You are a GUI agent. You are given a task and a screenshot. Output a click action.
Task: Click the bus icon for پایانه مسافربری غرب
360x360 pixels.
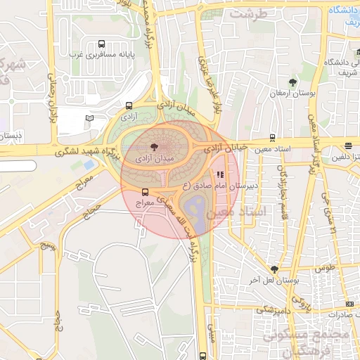coord(102,43)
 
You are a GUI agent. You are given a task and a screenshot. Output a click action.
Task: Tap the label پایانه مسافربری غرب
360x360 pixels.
coord(102,53)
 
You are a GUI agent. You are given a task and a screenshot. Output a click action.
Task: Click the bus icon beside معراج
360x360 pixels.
coord(146,191)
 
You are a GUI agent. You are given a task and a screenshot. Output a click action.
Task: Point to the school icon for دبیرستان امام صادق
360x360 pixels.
coord(219,175)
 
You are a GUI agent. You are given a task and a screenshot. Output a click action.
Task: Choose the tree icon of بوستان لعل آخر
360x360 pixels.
coord(274,269)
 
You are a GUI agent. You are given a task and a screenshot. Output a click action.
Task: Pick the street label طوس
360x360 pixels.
coord(326,269)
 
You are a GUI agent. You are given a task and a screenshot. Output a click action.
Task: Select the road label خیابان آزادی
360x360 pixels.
coord(226,148)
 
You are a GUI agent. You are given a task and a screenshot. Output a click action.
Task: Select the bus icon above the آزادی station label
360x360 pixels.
coord(129,105)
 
